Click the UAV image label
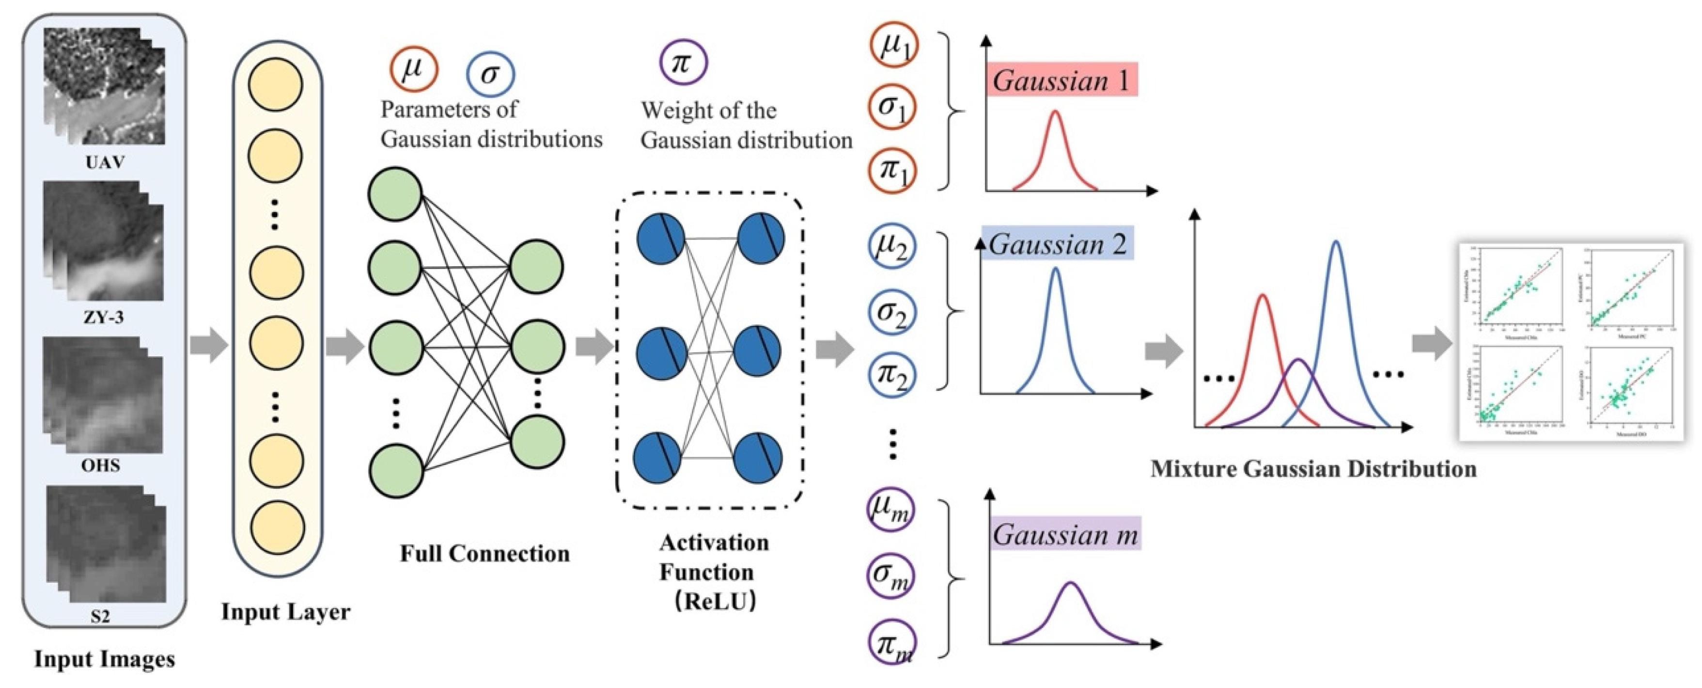click(x=104, y=162)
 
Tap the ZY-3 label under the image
click(x=103, y=317)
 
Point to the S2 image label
click(x=100, y=617)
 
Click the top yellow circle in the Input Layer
click(x=276, y=84)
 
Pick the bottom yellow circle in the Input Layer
click(x=276, y=528)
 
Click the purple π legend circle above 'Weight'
click(x=683, y=62)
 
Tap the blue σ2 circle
click(x=891, y=311)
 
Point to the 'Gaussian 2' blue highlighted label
click(x=1057, y=244)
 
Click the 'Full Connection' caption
click(x=484, y=553)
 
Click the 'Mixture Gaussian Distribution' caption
click(x=1313, y=468)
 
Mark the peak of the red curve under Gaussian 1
click(x=1055, y=112)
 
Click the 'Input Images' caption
click(x=104, y=659)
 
